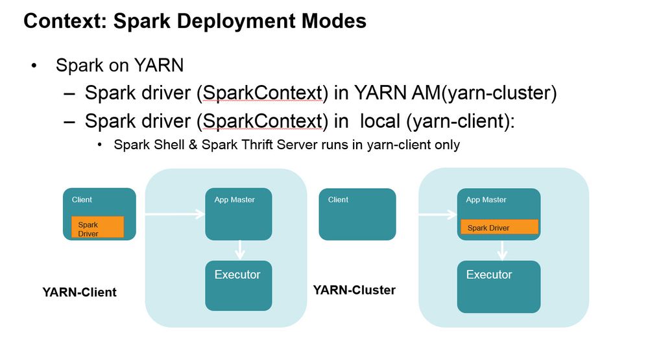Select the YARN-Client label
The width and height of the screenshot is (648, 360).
[79, 292]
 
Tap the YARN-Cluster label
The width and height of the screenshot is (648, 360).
[354, 290]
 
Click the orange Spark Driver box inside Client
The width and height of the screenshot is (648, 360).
[97, 227]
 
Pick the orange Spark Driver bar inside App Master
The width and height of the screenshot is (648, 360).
[499, 227]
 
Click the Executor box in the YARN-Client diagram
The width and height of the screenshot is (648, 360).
[238, 285]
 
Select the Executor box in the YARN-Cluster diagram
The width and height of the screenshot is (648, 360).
[499, 285]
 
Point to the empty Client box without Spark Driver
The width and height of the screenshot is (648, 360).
[357, 214]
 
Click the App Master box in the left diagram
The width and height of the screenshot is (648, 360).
[238, 214]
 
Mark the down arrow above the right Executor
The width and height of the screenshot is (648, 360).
[501, 250]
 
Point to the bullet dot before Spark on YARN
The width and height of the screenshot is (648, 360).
[33, 66]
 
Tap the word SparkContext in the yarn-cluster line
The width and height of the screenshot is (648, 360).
[263, 93]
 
